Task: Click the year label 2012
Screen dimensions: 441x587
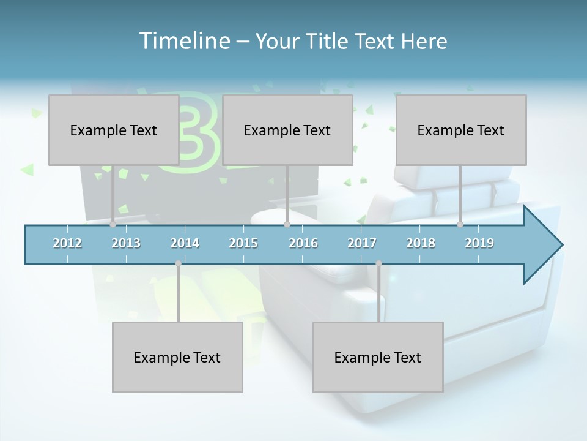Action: click(67, 243)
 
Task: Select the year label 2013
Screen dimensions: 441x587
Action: click(126, 243)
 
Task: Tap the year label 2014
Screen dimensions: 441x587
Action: click(185, 243)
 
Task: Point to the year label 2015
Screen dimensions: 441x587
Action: click(243, 243)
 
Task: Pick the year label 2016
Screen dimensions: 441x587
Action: click(303, 243)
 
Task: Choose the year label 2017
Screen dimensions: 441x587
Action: click(362, 243)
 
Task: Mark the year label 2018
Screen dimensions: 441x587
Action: click(421, 243)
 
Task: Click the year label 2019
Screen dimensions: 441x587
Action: click(479, 243)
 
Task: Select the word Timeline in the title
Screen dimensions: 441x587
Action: click(183, 41)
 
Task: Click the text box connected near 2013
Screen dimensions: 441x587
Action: click(114, 130)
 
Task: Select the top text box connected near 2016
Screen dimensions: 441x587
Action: click(287, 130)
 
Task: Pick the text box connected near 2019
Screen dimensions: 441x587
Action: click(461, 130)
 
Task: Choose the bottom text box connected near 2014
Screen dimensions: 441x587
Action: click(177, 357)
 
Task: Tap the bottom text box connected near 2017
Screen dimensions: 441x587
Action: click(378, 357)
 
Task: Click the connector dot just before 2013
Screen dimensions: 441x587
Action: click(113, 225)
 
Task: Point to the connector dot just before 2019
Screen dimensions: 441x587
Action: click(460, 225)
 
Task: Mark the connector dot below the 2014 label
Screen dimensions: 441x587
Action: click(178, 263)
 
